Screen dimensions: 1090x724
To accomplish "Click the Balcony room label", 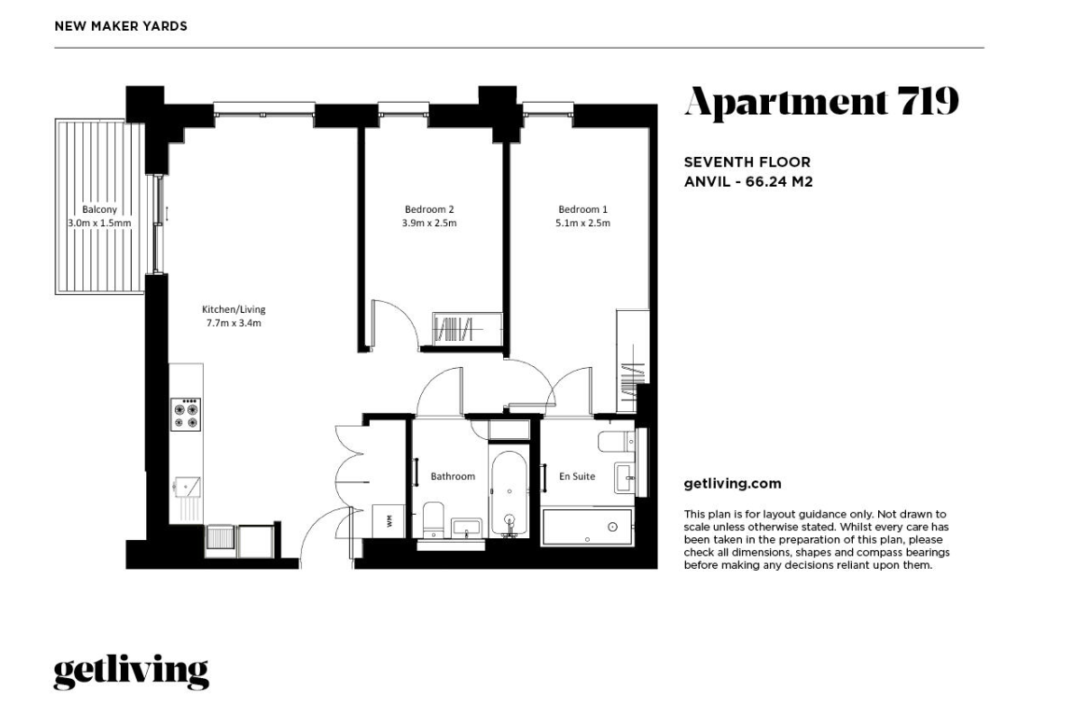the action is pos(99,209).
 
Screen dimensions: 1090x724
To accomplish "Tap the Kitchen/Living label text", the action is pos(234,309).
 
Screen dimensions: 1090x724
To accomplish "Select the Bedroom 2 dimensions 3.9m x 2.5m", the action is pos(429,224).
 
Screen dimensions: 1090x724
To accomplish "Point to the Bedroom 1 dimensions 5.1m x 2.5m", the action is pos(583,224).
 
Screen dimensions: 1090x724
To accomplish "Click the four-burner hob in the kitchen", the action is pos(186,414).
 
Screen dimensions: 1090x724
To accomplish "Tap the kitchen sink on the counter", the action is pos(187,487).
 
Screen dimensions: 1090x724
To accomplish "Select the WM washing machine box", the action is pos(389,520).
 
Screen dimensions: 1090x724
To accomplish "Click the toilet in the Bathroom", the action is pos(433,519).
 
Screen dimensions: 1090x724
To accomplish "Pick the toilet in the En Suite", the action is pos(617,441).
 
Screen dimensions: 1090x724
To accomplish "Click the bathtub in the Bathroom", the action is pos(509,493).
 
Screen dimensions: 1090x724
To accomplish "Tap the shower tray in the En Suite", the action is pos(587,527).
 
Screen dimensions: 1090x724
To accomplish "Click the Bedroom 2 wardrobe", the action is pos(467,329).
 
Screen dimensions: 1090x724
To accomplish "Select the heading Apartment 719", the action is pos(821,102).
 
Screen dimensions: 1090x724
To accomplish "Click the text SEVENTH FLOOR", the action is pos(747,162).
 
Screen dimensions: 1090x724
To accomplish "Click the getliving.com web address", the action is pos(732,483).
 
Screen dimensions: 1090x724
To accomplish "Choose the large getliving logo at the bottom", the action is pos(132,672).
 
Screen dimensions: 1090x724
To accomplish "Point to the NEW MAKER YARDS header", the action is pos(121,26).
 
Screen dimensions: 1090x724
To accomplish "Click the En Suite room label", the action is pos(577,476).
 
